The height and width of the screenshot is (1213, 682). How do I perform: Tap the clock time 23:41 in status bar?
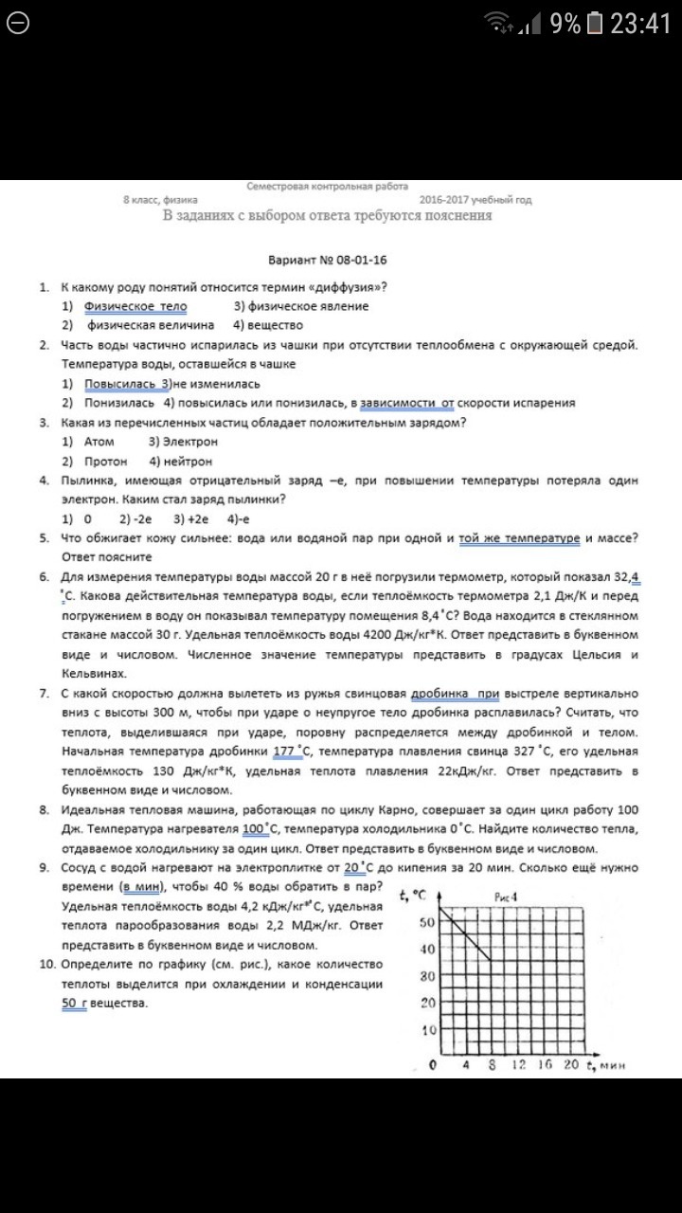640,24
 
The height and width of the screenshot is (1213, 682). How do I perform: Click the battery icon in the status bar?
594,24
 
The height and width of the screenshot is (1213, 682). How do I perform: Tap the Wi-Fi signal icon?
497,23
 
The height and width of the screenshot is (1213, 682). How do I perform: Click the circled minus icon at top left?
18,24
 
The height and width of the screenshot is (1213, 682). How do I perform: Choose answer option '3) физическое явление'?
301,306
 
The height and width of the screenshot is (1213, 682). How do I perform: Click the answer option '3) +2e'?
190,519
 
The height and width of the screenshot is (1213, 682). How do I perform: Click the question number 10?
46,964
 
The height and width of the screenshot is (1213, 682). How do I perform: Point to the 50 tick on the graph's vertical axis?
426,923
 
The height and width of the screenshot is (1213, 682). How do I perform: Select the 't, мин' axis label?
607,1064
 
